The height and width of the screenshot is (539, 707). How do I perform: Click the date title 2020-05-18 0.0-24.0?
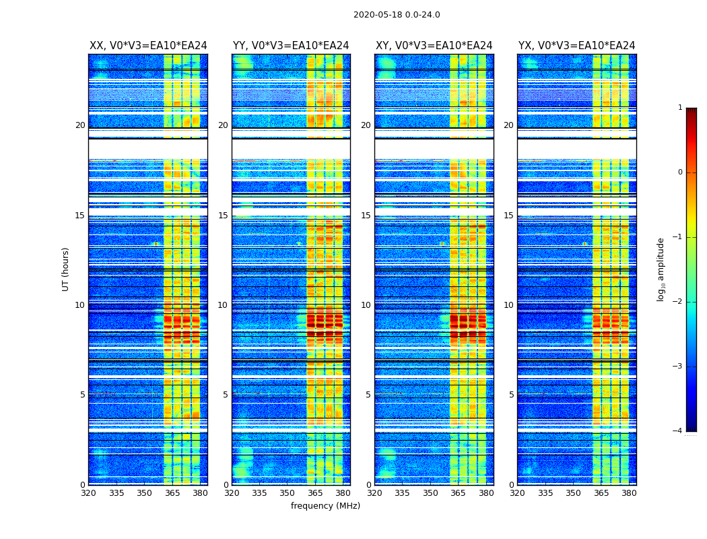click(397, 15)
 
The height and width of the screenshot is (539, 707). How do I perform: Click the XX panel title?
click(148, 46)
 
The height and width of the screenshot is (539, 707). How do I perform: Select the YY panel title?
click(291, 46)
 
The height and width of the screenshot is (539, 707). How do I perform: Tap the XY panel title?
click(434, 46)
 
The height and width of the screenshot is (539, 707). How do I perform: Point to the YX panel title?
click(577, 46)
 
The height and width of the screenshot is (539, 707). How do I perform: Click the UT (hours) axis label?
click(66, 269)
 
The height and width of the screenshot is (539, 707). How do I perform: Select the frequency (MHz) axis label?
click(325, 506)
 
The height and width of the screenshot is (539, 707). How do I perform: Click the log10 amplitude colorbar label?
click(661, 269)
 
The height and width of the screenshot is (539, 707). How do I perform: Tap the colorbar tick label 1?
click(680, 108)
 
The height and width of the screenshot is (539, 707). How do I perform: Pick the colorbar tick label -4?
click(679, 431)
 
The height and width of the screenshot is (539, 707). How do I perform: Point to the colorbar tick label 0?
click(680, 172)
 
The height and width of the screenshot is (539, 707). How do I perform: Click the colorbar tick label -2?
click(679, 302)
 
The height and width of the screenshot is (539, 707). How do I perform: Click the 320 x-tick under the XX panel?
click(88, 493)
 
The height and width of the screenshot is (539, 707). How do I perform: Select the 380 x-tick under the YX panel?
click(629, 493)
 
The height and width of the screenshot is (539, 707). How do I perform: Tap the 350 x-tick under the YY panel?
click(288, 493)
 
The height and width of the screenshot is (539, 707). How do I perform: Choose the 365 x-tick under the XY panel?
click(459, 493)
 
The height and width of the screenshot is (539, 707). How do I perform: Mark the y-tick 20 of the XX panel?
click(80, 125)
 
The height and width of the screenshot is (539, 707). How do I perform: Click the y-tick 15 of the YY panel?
click(223, 216)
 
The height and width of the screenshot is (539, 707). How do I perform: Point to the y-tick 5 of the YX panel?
click(511, 395)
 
